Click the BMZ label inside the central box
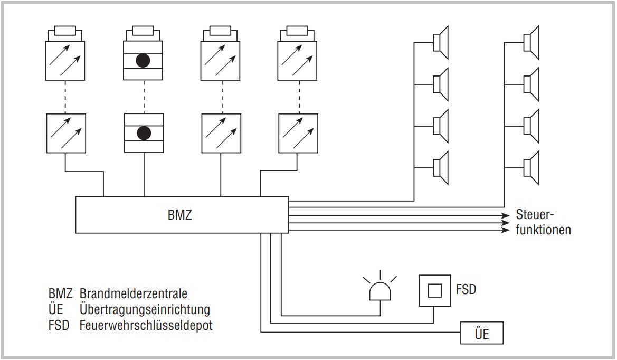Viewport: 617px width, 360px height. point(180,215)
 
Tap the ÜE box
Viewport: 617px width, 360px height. point(482,333)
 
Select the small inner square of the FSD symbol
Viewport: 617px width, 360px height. point(434,291)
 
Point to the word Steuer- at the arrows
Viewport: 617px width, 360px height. point(535,215)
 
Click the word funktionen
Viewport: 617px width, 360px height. point(544,230)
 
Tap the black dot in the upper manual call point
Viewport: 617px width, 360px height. point(143,61)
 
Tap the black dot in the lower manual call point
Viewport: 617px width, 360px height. point(144,133)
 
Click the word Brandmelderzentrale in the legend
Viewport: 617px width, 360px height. point(134,293)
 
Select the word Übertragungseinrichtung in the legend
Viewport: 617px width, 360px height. point(145,309)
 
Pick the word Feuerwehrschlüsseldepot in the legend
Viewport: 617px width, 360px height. point(146,325)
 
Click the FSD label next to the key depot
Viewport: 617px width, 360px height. point(466,289)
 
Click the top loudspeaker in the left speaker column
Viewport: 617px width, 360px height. point(441,42)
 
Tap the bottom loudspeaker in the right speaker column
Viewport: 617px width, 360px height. point(531,168)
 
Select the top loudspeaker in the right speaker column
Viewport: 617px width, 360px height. point(531,42)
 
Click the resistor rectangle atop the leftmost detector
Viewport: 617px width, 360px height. point(65,31)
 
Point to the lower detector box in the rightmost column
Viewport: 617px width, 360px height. point(298,134)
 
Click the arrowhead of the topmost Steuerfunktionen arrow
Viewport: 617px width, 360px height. point(505,215)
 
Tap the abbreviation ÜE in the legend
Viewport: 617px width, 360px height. point(56,309)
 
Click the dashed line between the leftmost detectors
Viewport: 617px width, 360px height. point(65,97)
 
